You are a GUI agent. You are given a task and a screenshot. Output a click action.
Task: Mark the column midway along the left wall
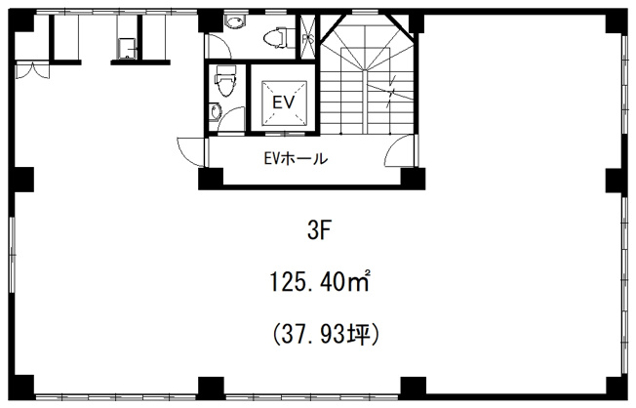click(x=22, y=182)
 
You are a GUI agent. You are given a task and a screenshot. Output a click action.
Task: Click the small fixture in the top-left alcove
click(x=125, y=49)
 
